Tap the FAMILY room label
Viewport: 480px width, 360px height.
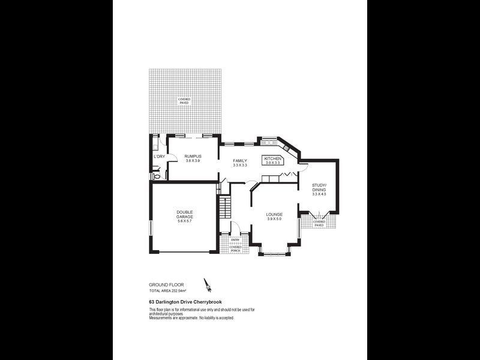point(240,160)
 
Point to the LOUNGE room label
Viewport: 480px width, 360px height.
point(274,214)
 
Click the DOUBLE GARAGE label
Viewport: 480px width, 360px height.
point(184,214)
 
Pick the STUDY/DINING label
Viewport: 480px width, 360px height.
point(319,187)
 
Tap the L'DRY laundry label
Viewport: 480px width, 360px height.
point(159,157)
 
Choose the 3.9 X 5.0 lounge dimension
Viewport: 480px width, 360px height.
point(274,219)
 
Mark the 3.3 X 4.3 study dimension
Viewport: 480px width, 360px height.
point(319,194)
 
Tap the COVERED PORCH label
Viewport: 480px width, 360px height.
point(235,248)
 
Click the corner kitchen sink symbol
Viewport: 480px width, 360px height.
point(286,148)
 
